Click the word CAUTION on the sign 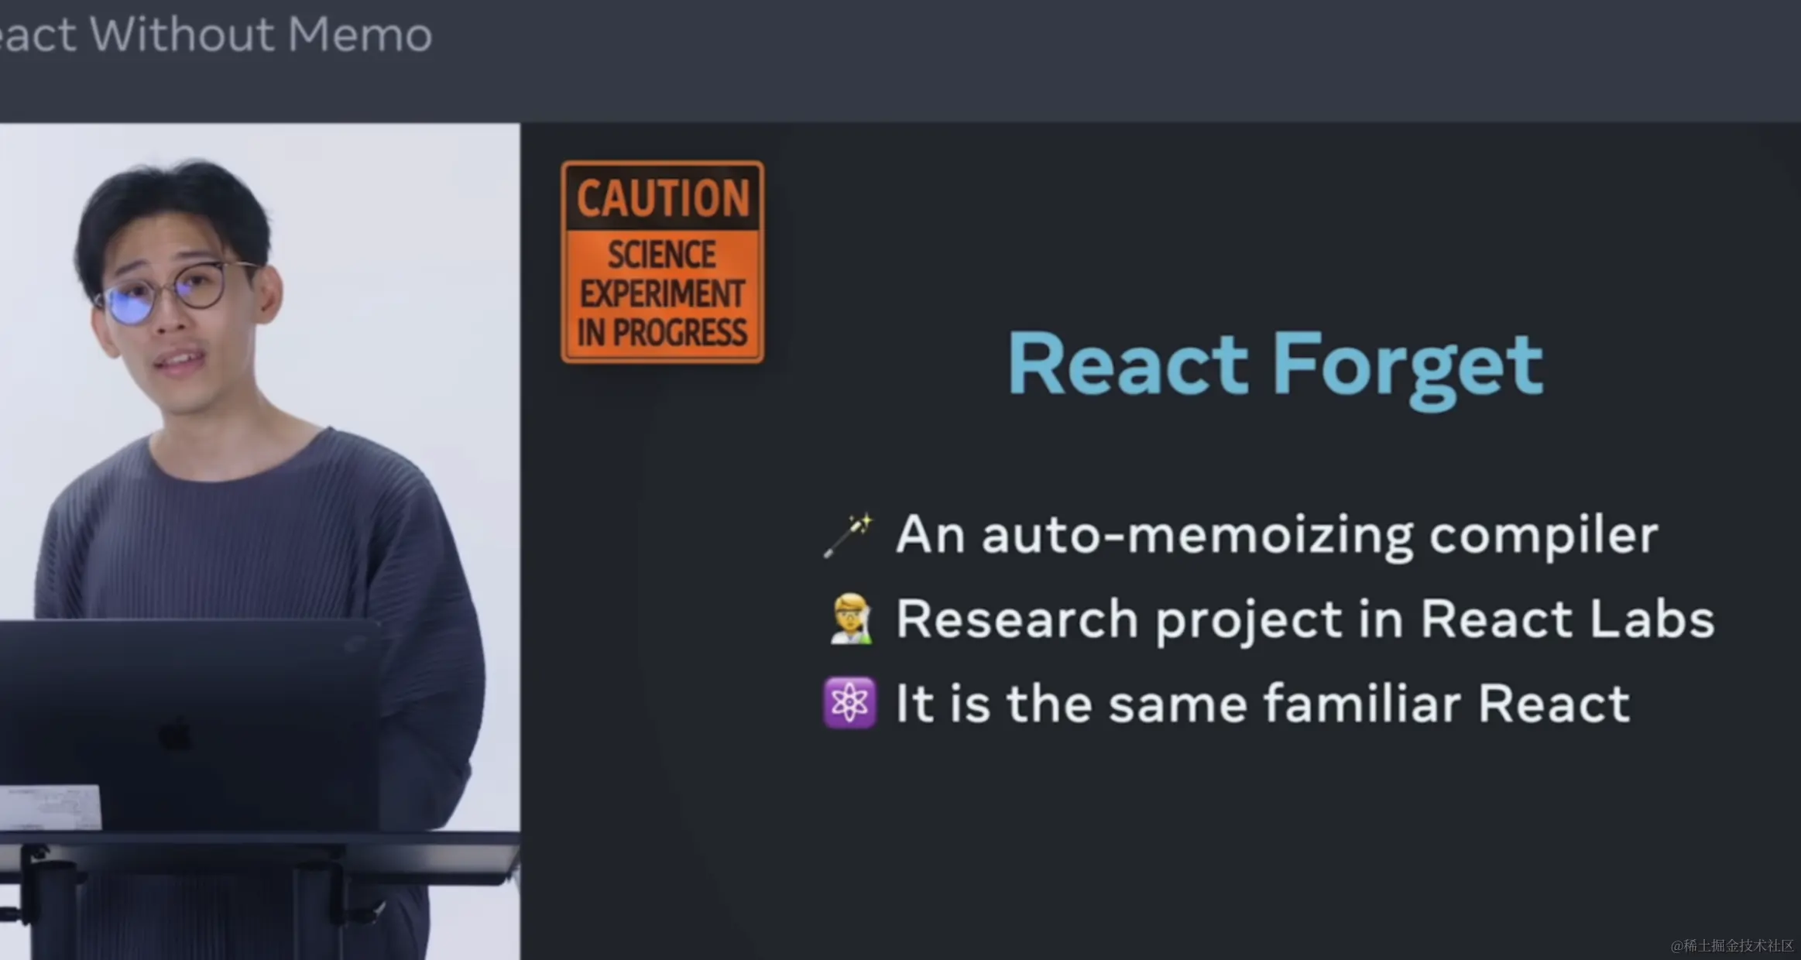[663, 198]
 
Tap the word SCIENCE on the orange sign [662, 255]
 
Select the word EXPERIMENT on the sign [662, 294]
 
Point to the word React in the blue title [1128, 363]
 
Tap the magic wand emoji [849, 535]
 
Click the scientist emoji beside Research [849, 619]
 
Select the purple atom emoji [849, 703]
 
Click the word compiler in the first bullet [1543, 537]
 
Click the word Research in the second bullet [1017, 619]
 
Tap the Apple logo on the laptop [175, 734]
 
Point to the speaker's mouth [180, 360]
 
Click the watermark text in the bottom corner [1731, 945]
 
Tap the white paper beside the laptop [50, 807]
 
